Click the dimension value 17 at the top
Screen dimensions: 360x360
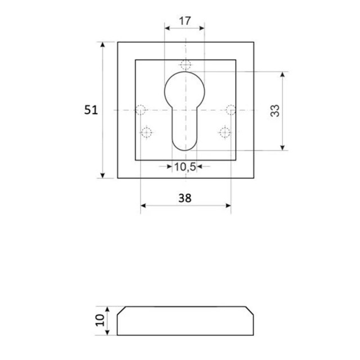coord(184,21)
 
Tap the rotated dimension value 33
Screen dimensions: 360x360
coord(275,110)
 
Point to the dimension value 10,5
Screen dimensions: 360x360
coord(184,166)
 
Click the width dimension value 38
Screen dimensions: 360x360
coord(184,198)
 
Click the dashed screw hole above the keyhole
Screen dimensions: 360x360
coord(185,63)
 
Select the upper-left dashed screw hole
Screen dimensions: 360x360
coord(141,109)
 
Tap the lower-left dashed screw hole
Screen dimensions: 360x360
coord(147,133)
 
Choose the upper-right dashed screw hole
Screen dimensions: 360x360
coord(229,109)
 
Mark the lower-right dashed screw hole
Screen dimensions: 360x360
coord(224,133)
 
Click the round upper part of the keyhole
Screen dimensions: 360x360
coord(185,90)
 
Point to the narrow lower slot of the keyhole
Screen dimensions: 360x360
coord(184,132)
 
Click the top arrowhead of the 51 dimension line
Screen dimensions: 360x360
coord(103,45)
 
